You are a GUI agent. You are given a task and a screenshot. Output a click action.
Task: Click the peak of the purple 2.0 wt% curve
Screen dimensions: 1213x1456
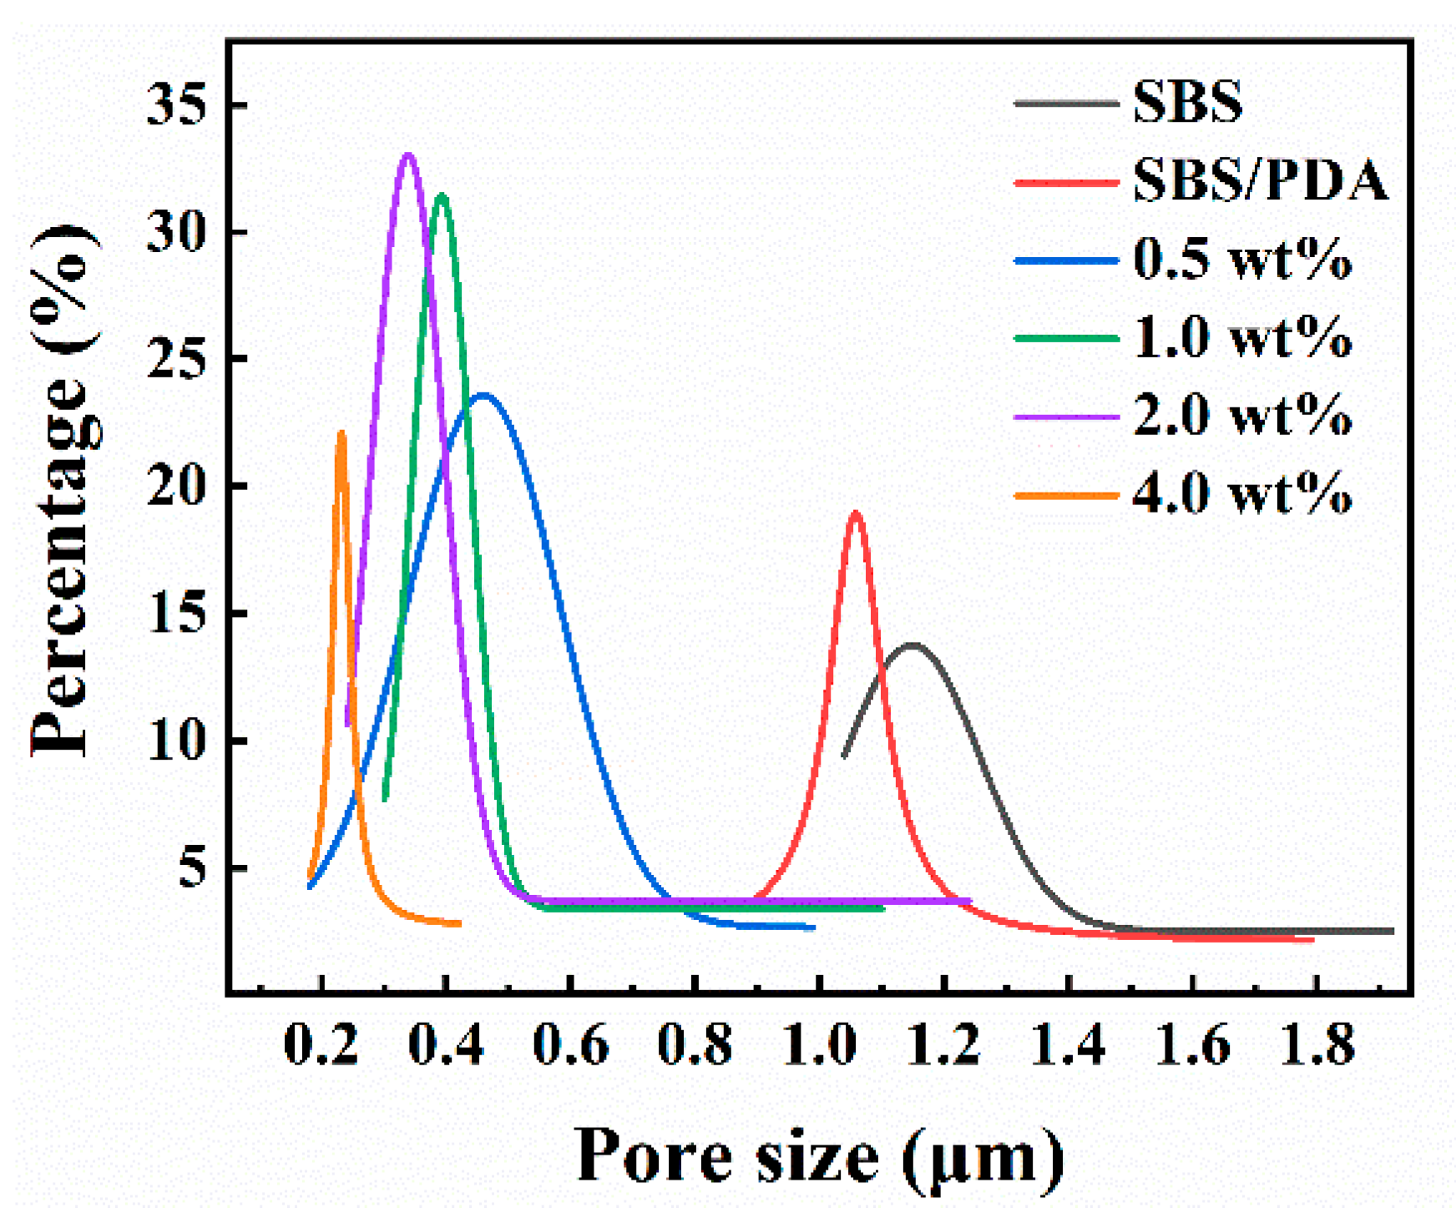coord(408,155)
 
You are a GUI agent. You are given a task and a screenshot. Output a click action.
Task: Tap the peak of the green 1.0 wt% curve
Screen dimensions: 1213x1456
coord(442,195)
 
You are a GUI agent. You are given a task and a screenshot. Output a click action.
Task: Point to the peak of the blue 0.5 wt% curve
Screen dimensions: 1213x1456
coord(483,395)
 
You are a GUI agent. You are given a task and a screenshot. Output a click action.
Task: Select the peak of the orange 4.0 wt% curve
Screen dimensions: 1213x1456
coord(341,433)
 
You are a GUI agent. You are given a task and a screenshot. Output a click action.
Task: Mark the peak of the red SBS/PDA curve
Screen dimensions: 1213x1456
coord(856,513)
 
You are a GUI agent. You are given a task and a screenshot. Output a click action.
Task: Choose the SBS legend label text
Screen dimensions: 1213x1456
coord(1187,103)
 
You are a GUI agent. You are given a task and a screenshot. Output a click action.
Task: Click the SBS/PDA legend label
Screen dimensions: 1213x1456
coord(1260,180)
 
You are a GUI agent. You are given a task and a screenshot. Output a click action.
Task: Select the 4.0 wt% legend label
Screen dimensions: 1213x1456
coord(1242,493)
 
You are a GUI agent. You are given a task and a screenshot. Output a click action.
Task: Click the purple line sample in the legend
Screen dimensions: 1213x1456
coord(1066,416)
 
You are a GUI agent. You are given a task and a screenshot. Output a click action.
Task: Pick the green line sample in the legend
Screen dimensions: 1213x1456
coord(1066,338)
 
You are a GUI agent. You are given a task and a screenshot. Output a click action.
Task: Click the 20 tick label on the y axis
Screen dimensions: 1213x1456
coord(176,486)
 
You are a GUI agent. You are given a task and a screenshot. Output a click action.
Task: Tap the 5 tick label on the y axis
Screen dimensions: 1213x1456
coord(191,868)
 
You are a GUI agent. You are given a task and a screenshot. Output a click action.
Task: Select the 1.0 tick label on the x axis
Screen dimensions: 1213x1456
coord(820,1044)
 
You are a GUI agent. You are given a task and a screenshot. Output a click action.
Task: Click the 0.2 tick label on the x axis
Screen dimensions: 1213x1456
coord(321,1044)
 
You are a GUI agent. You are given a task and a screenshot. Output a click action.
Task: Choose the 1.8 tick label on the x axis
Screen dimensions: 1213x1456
coord(1317,1044)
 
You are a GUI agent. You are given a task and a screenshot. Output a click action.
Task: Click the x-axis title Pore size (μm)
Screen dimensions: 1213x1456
coord(820,1156)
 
